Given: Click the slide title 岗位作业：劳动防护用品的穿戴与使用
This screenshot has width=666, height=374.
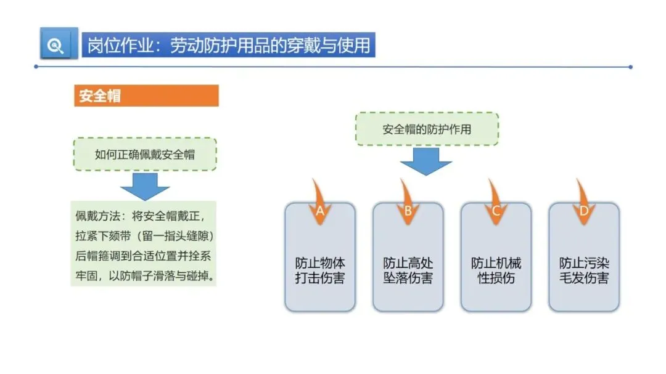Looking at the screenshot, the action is tap(229, 45).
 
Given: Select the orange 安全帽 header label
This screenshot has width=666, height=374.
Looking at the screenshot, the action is tap(99, 96).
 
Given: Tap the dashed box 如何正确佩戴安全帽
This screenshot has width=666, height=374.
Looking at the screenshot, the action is tap(145, 154).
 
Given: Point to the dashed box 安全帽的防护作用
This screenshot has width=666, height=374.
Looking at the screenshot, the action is tap(427, 129).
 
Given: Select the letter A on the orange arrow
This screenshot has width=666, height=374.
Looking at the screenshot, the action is tap(320, 211).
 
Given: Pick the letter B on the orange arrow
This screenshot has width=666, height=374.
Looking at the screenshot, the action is tap(408, 211).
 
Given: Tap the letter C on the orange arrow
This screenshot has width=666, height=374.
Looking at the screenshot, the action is tap(496, 211).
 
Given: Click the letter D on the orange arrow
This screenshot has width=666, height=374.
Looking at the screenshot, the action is tap(584, 211).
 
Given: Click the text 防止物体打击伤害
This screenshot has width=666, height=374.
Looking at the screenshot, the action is tap(320, 270).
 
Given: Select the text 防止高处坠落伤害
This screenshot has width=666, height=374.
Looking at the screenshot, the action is tap(408, 270).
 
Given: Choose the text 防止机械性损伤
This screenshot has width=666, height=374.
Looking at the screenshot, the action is tap(496, 270).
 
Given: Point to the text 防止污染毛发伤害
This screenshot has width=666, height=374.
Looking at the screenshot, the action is tap(584, 270).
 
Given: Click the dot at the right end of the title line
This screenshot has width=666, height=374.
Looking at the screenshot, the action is tap(631, 67).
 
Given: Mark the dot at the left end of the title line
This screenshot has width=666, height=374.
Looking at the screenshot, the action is tap(36, 67).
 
